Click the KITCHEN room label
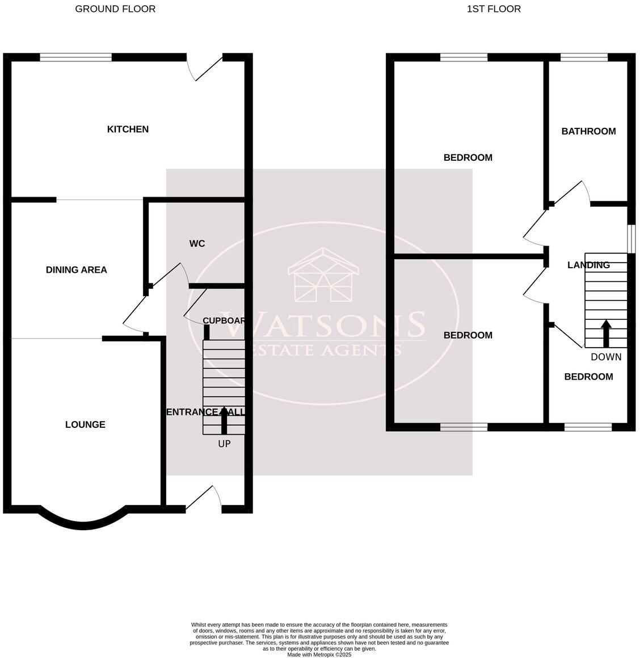[128, 130]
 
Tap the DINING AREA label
[77, 270]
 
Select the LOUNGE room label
[85, 424]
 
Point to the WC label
[197, 244]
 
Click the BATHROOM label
[588, 131]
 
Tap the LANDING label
[588, 265]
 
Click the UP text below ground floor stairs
[224, 444]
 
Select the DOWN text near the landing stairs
[606, 357]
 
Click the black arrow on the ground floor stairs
[224, 420]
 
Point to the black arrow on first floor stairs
[606, 334]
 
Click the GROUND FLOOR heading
[115, 9]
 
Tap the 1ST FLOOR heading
[494, 9]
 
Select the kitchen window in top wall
[76, 57]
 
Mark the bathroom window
[584, 57]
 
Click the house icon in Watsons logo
[323, 276]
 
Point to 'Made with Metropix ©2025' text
[319, 655]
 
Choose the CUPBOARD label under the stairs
[224, 320]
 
